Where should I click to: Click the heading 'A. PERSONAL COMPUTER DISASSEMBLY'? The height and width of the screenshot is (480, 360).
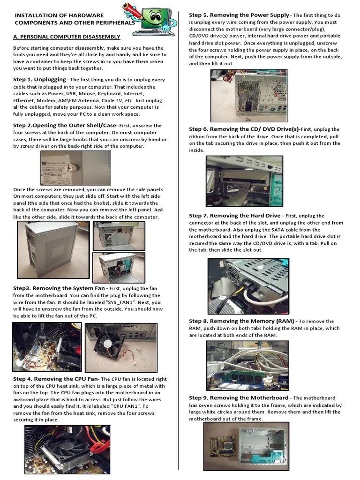pos(67,37)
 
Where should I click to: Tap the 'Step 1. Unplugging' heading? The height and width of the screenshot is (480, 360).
pos(39,80)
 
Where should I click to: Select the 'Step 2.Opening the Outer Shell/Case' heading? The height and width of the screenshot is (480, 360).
pos(64,126)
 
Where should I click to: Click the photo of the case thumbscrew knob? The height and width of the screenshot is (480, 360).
pos(76,168)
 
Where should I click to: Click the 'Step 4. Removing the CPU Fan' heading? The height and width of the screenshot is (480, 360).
pos(56,379)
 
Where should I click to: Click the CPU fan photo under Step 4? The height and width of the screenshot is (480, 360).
pos(67,449)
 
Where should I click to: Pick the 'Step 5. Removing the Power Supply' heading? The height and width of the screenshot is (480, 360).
pos(239,15)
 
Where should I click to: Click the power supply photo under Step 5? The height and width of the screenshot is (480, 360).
pos(248,96)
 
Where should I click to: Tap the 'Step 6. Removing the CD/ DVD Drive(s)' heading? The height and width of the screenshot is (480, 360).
pos(244,129)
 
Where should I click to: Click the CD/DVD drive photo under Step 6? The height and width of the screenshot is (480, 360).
pos(244,180)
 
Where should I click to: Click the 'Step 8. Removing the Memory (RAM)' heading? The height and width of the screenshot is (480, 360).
pos(242,321)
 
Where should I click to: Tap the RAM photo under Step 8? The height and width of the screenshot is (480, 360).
pos(247,365)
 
